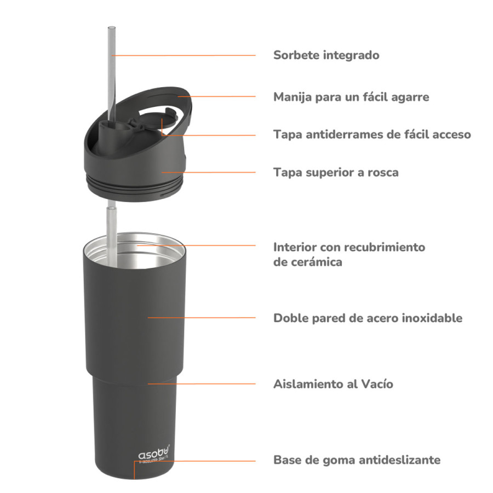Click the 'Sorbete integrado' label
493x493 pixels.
coord(326,55)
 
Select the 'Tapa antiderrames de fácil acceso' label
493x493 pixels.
coord(372,134)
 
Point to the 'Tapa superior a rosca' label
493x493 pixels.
coord(336,173)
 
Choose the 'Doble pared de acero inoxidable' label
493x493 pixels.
coord(368,318)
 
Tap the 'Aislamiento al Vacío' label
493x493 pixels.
coord(333,384)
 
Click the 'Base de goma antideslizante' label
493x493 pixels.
coord(357,460)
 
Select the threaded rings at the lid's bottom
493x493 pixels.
coord(131,186)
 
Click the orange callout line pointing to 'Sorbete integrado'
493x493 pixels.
coord(186,55)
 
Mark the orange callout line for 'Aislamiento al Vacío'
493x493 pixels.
coord(203,384)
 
